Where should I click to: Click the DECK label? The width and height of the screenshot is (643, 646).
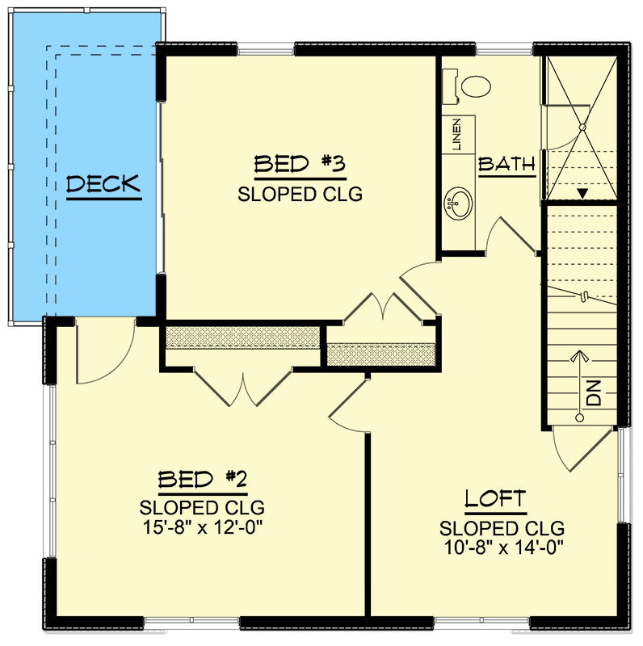click(x=103, y=185)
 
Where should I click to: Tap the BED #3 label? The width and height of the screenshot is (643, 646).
click(x=300, y=165)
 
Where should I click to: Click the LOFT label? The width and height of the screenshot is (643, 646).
click(x=495, y=499)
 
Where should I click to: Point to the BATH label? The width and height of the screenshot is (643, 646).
click(x=507, y=165)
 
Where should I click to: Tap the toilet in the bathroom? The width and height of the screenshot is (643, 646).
click(x=471, y=84)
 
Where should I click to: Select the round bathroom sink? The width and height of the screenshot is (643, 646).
click(x=460, y=203)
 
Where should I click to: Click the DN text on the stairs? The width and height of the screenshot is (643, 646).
click(x=594, y=394)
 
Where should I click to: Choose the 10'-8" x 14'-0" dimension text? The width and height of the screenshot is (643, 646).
click(x=502, y=548)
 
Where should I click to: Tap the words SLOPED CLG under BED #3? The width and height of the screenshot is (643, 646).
click(x=300, y=194)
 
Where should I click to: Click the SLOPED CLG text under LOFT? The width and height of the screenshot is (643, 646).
click(x=502, y=528)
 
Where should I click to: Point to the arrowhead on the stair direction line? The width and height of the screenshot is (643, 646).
click(x=578, y=357)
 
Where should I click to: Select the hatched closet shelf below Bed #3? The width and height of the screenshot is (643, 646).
click(x=242, y=337)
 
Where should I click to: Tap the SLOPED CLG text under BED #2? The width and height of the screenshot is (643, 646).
click(x=202, y=508)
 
